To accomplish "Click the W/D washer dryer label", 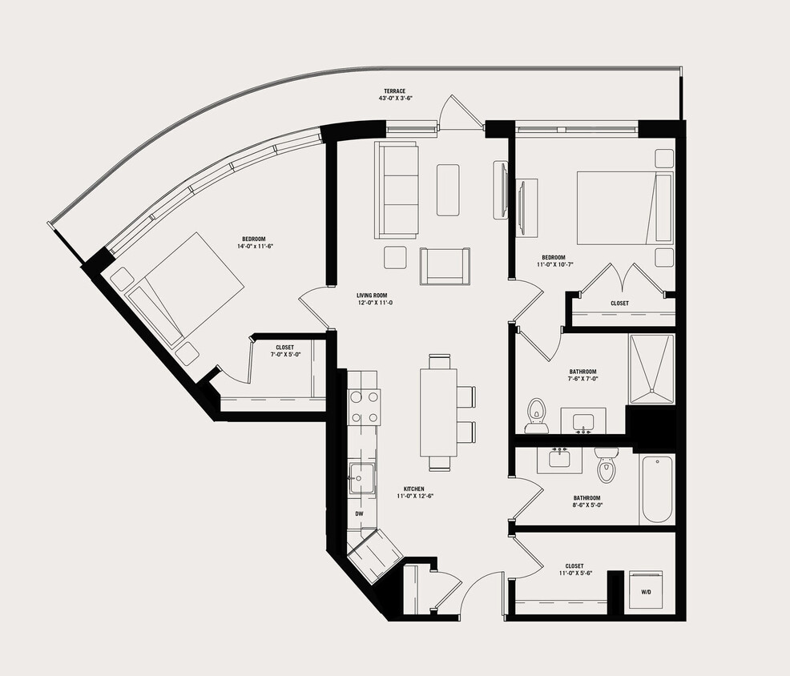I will tap(646, 593).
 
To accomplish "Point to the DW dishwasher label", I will tap(359, 513).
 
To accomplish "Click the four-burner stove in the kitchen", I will tap(364, 407).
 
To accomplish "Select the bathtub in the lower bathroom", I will tap(656, 489).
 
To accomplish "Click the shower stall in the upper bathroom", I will tap(651, 368).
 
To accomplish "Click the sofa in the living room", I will tap(396, 190).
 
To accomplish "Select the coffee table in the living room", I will tap(448, 190).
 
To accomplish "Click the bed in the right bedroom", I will tap(623, 207).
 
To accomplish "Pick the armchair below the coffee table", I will tap(445, 266).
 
